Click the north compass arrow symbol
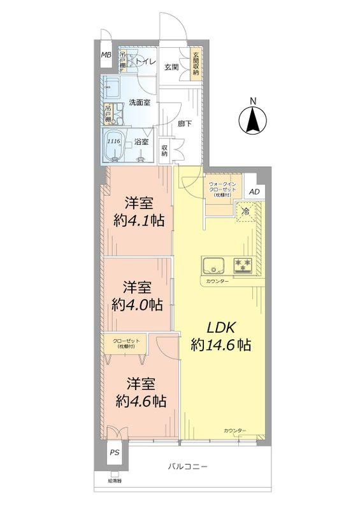point(253,119)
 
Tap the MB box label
point(106,55)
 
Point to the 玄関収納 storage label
point(196,64)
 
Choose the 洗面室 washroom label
point(139,102)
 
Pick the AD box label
point(254,192)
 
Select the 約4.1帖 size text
point(138,221)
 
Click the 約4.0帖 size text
point(136,304)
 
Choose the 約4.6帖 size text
point(141,402)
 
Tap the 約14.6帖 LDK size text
point(221,345)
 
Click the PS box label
point(114,453)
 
